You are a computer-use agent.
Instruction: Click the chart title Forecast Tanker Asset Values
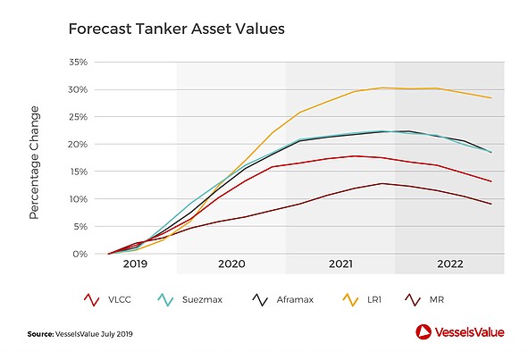pyautogui.click(x=177, y=29)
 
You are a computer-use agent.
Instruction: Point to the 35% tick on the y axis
pyautogui.click(x=78, y=62)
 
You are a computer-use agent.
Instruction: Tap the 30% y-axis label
pyautogui.click(x=78, y=89)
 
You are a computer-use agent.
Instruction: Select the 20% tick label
pyautogui.click(x=78, y=144)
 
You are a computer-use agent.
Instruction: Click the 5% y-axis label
pyautogui.click(x=80, y=226)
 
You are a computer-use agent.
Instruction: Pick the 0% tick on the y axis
pyautogui.click(x=80, y=254)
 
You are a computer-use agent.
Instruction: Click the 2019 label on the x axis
pyautogui.click(x=135, y=264)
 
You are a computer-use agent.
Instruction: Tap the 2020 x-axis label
pyautogui.click(x=231, y=264)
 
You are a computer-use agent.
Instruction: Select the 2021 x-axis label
pyautogui.click(x=340, y=264)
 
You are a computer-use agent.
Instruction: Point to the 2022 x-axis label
pyautogui.click(x=450, y=264)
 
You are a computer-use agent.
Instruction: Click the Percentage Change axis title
pyautogui.click(x=34, y=163)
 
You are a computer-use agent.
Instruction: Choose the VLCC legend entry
pyautogui.click(x=107, y=300)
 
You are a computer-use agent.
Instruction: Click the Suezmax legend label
pyautogui.click(x=202, y=300)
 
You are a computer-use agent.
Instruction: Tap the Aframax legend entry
pyautogui.click(x=283, y=300)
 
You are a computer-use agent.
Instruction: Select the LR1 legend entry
pyautogui.click(x=362, y=300)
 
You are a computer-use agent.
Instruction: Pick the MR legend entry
pyautogui.click(x=424, y=300)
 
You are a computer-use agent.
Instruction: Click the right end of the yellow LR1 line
pyautogui.click(x=491, y=98)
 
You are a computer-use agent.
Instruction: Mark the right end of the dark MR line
pyautogui.click(x=491, y=204)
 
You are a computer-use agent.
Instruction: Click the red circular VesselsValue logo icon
pyautogui.click(x=423, y=332)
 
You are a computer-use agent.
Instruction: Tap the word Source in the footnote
pyautogui.click(x=40, y=334)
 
